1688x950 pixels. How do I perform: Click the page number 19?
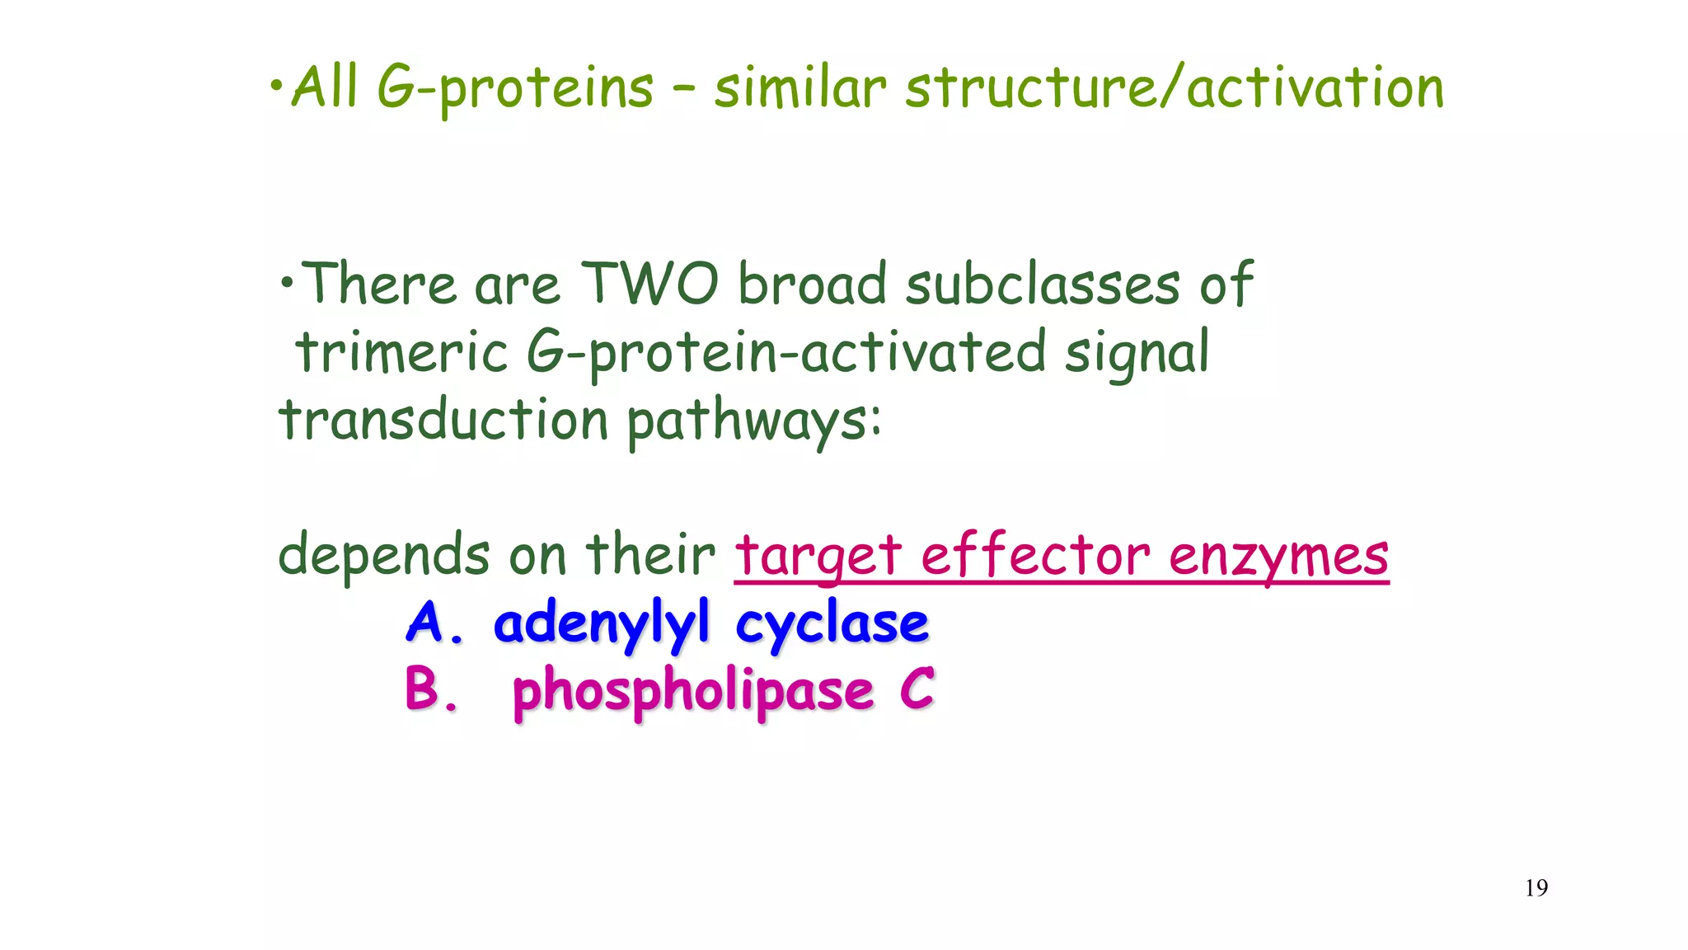coord(1536,888)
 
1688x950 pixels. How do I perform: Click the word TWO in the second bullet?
coord(649,285)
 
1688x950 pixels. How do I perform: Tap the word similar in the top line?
coord(799,87)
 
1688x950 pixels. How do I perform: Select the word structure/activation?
coord(1174,87)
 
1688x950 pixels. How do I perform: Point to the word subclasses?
coord(1043,285)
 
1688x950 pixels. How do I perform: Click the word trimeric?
coord(401,352)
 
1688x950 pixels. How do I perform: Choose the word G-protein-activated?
coord(786,352)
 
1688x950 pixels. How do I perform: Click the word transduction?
coord(443,420)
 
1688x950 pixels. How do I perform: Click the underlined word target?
coord(818,555)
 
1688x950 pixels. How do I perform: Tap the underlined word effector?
coord(1035,555)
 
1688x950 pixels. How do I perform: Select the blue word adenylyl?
coord(601,623)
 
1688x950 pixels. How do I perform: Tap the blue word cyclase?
coord(832,623)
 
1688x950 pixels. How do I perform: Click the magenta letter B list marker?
coord(424,689)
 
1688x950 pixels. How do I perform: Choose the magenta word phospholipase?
coord(692,691)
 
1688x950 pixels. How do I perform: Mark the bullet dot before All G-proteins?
coord(277,83)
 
